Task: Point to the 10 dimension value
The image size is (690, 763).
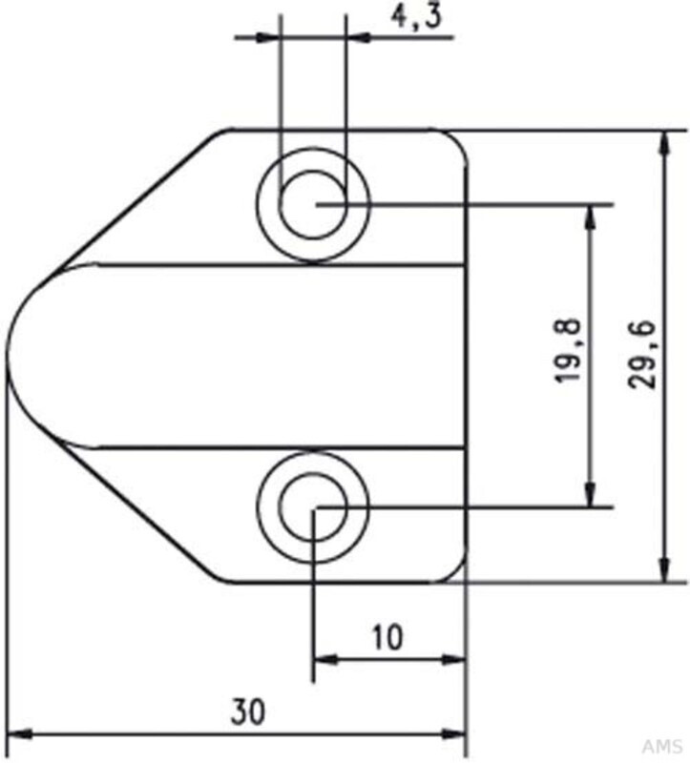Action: (387, 636)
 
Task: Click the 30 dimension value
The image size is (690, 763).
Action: (247, 711)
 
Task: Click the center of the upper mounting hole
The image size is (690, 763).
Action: (313, 204)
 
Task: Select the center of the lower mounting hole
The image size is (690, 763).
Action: (313, 506)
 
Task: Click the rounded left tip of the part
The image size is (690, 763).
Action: (10, 356)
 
